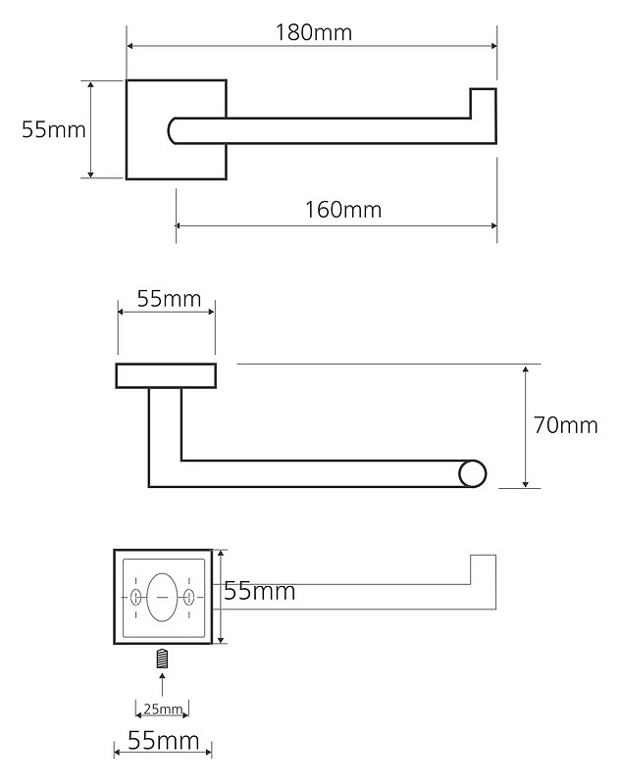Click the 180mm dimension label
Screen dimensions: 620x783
[314, 33]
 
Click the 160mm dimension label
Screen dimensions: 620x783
[343, 210]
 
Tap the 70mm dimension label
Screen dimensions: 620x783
[565, 425]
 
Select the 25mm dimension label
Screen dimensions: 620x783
[163, 709]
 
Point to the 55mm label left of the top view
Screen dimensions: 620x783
[54, 129]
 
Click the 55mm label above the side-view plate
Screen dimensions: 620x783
[169, 299]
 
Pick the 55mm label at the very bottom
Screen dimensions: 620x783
[164, 740]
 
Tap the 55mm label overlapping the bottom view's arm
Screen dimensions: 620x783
[260, 591]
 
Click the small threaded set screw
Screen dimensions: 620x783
[162, 659]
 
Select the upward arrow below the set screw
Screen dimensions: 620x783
[162, 684]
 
